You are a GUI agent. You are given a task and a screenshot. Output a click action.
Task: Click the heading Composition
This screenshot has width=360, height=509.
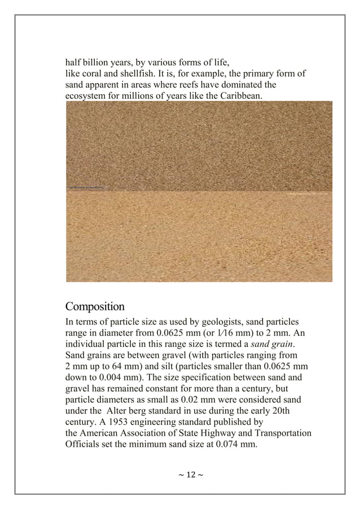pyautogui.click(x=95, y=307)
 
